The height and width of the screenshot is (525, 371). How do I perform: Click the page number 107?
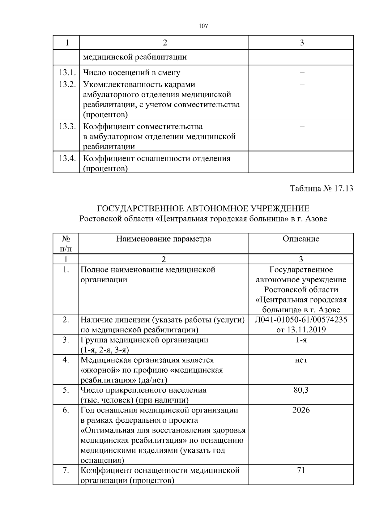coord(203,26)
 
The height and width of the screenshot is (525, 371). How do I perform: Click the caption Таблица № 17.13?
coord(322,189)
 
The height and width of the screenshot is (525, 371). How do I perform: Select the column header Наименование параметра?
coord(164,239)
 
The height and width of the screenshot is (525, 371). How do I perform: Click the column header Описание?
coord(301,239)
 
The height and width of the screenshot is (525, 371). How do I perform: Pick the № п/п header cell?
coord(66,244)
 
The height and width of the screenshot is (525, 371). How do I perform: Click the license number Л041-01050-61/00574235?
coord(301,320)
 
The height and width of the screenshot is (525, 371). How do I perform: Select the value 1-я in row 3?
coord(301,340)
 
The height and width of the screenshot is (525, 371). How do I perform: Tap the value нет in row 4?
coord(301,360)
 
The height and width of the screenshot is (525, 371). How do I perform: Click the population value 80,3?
coord(301,390)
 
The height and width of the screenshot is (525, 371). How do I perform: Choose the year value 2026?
coord(301,410)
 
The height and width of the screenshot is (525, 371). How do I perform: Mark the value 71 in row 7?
coord(301,470)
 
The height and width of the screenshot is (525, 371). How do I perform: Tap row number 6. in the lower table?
coord(66,410)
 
